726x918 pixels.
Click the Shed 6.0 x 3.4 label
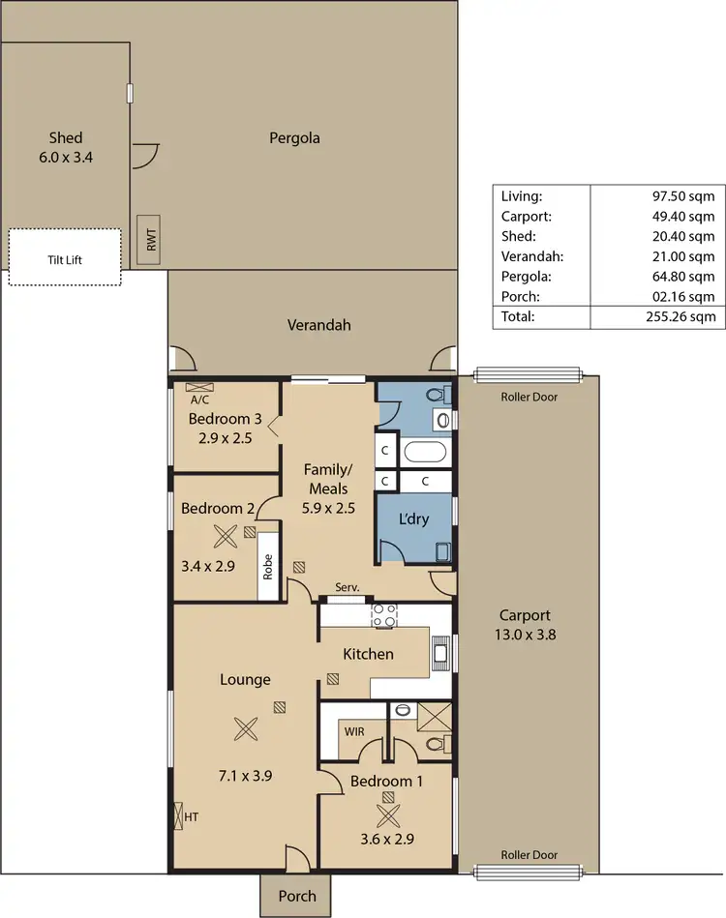[x=66, y=146]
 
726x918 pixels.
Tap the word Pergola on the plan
[x=294, y=138]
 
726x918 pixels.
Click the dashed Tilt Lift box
[x=66, y=257]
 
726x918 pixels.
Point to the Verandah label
[x=318, y=325]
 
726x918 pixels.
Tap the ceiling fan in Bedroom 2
[x=225, y=536]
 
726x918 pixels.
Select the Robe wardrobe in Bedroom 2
[x=268, y=565]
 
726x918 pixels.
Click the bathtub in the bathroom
[x=425, y=452]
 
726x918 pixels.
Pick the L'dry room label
[x=413, y=518]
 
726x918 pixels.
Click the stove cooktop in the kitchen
[x=384, y=616]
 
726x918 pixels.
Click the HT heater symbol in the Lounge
[x=177, y=817]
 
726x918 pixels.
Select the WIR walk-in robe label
[x=354, y=731]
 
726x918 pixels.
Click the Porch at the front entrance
[x=296, y=896]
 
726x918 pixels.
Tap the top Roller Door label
[x=529, y=397]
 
